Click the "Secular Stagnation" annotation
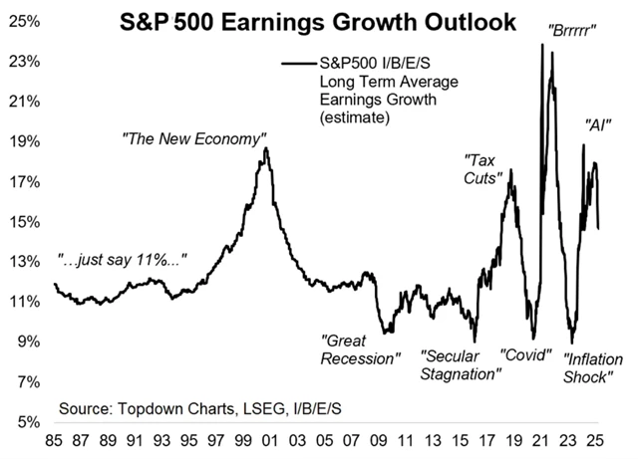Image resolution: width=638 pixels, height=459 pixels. coord(460,364)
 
